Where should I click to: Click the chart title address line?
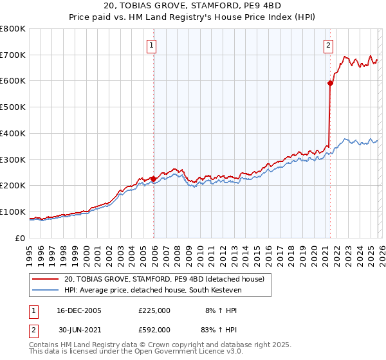click(193, 6)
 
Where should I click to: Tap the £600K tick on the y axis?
click(13, 81)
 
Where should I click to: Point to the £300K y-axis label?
click(13, 159)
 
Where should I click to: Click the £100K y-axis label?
click(13, 212)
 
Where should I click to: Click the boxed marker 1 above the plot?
click(152, 45)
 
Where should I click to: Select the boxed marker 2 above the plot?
click(329, 45)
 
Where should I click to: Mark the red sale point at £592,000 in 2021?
click(330, 83)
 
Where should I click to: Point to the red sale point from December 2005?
click(154, 179)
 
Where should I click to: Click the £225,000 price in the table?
click(154, 310)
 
